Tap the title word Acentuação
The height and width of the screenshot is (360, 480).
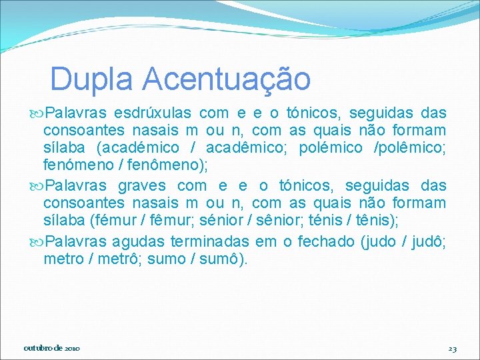click(x=227, y=79)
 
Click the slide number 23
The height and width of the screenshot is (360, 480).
click(x=452, y=349)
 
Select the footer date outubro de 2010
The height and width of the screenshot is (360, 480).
click(x=52, y=349)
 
